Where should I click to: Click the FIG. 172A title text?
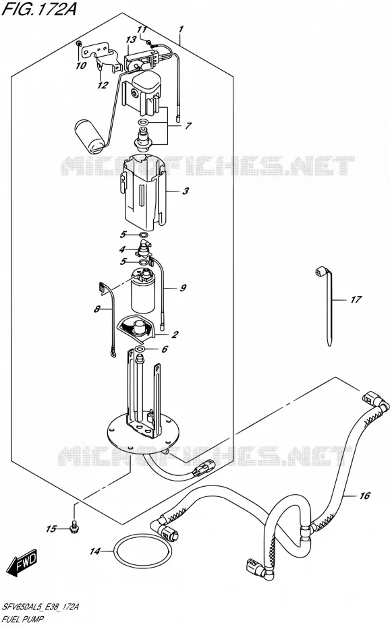pyautogui.click(x=39, y=8)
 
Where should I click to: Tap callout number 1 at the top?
pyautogui.click(x=182, y=29)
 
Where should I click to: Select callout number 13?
pyautogui.click(x=131, y=40)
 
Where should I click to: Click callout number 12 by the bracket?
pyautogui.click(x=103, y=85)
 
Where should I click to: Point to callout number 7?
pyautogui.click(x=188, y=125)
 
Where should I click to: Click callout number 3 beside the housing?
pyautogui.click(x=186, y=191)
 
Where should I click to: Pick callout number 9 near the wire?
pyautogui.click(x=183, y=287)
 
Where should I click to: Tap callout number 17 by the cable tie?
pyautogui.click(x=356, y=299)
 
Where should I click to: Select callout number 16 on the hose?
pyautogui.click(x=364, y=496)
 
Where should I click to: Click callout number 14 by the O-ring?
pyautogui.click(x=94, y=551)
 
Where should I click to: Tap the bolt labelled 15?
pyautogui.click(x=73, y=527)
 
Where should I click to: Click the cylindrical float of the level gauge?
pyautogui.click(x=90, y=135)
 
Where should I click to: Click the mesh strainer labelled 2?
pyautogui.click(x=136, y=327)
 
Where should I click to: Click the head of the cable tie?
pyautogui.click(x=320, y=272)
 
